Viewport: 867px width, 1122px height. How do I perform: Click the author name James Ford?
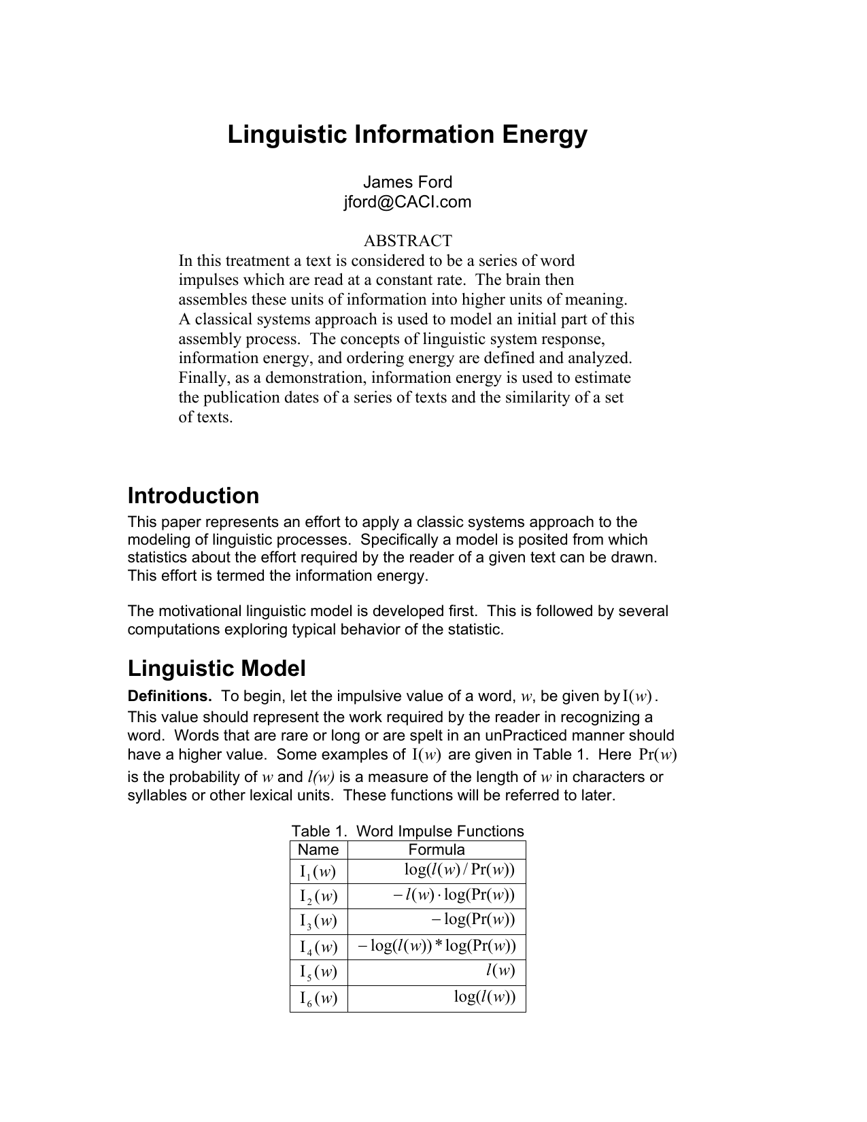pyautogui.click(x=407, y=182)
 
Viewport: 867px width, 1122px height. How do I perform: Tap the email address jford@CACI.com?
pyautogui.click(x=407, y=202)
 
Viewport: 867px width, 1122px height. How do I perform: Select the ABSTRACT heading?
pyautogui.click(x=407, y=241)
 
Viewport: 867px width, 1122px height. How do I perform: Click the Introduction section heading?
pyautogui.click(x=193, y=496)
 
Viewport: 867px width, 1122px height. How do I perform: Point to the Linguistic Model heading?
pyautogui.click(x=216, y=668)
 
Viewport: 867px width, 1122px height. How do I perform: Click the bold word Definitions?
pyautogui.click(x=169, y=696)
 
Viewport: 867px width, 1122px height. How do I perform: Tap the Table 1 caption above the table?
pyautogui.click(x=407, y=831)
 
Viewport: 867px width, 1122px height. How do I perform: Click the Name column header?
pyautogui.click(x=318, y=850)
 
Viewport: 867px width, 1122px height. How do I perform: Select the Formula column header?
pyautogui.click(x=437, y=850)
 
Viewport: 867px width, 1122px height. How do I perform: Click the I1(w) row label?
pyautogui.click(x=318, y=872)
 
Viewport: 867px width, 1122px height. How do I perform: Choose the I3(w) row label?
pyautogui.click(x=318, y=921)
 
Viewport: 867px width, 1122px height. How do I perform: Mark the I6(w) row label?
pyautogui.click(x=318, y=999)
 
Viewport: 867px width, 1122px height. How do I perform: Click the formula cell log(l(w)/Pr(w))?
pyautogui.click(x=460, y=870)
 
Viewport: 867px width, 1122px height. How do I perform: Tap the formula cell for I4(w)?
pyautogui.click(x=437, y=946)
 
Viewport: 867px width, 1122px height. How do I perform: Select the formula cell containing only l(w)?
pyautogui.click(x=500, y=971)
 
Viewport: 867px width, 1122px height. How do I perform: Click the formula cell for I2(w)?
pyautogui.click(x=454, y=895)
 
